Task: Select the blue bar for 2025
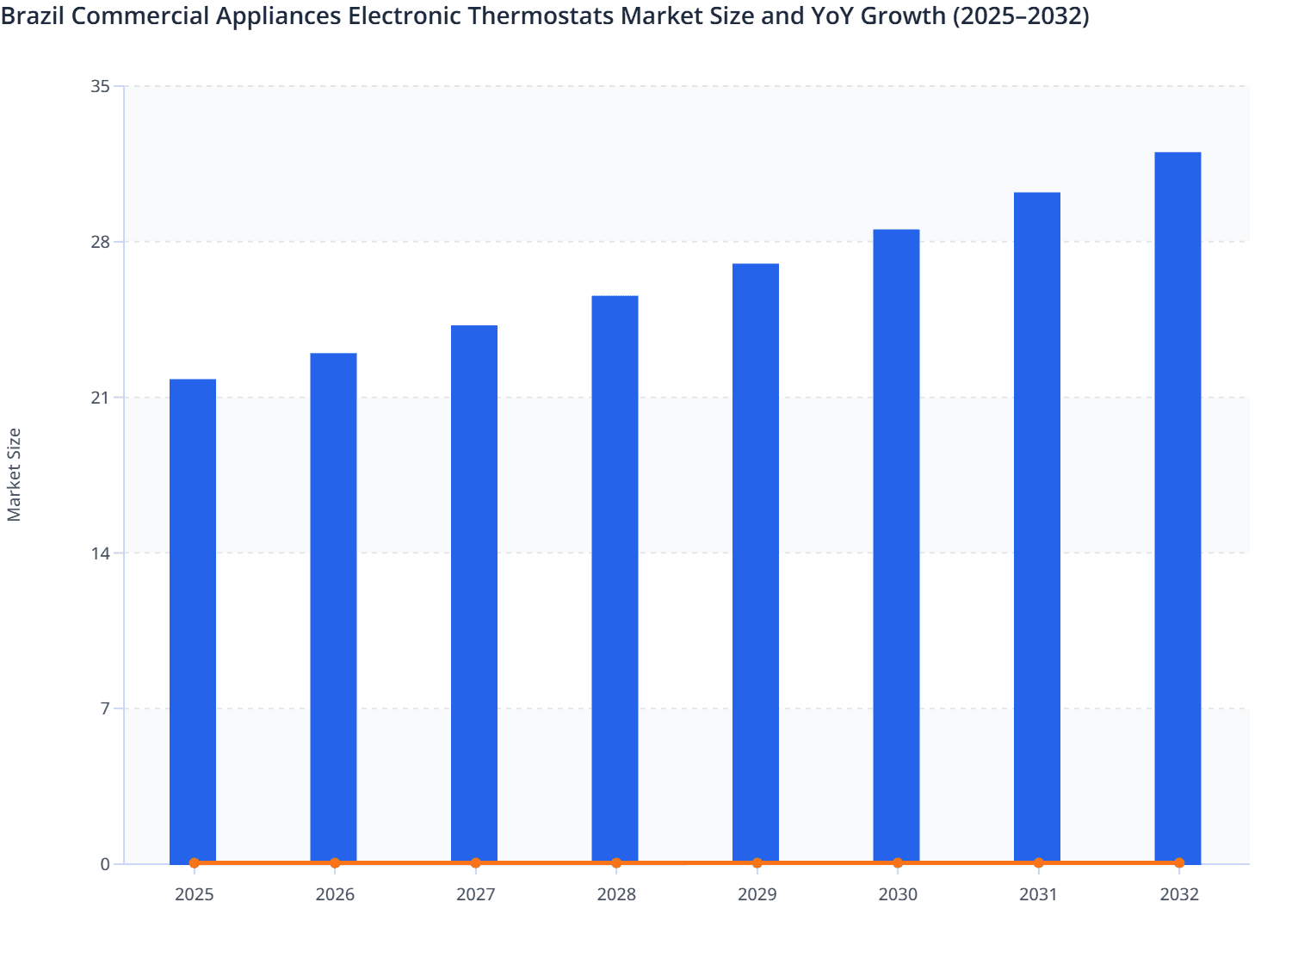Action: click(193, 620)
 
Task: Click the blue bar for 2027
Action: click(474, 594)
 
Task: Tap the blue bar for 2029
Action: click(756, 563)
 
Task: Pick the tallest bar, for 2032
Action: click(1177, 508)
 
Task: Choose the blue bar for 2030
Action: click(896, 546)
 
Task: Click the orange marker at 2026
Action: click(335, 862)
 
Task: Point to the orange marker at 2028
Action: click(616, 862)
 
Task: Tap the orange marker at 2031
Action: click(1038, 862)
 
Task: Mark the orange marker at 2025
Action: click(195, 862)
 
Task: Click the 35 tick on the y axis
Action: click(100, 86)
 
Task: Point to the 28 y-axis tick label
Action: click(100, 242)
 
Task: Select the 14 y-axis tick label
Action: click(100, 553)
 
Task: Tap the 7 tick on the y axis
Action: click(105, 708)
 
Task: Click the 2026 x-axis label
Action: click(335, 894)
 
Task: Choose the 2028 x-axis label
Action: click(616, 894)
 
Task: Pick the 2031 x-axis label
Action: click(1038, 894)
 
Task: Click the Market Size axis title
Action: click(15, 474)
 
